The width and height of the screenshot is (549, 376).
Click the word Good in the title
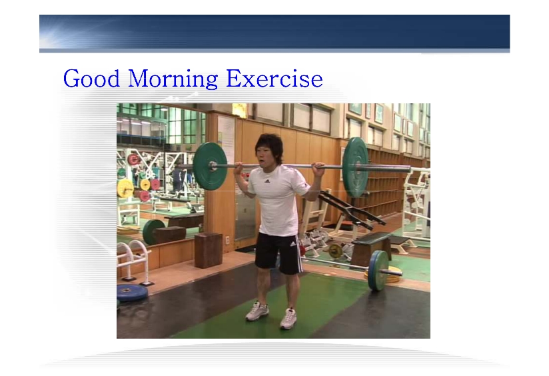point(91,78)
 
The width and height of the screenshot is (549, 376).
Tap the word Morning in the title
point(173,79)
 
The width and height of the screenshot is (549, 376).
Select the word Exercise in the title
point(274,78)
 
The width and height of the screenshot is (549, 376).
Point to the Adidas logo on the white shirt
point(267,181)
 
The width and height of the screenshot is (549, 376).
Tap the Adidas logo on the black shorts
point(292,244)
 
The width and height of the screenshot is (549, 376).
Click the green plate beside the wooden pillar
point(209,165)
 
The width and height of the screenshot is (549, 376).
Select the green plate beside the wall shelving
point(355,167)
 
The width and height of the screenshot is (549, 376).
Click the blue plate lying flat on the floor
point(132,292)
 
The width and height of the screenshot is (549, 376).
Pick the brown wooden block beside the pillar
point(209,250)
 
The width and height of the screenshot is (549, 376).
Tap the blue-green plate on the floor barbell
point(378,270)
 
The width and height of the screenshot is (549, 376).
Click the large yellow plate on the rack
point(125,189)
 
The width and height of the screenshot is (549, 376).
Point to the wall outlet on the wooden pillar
point(228,241)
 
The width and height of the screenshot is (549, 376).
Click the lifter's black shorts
point(278,253)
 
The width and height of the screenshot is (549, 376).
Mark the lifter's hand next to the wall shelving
point(319,170)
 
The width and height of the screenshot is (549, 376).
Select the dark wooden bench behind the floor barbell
point(370,247)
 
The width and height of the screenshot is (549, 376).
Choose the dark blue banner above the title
point(274,32)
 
